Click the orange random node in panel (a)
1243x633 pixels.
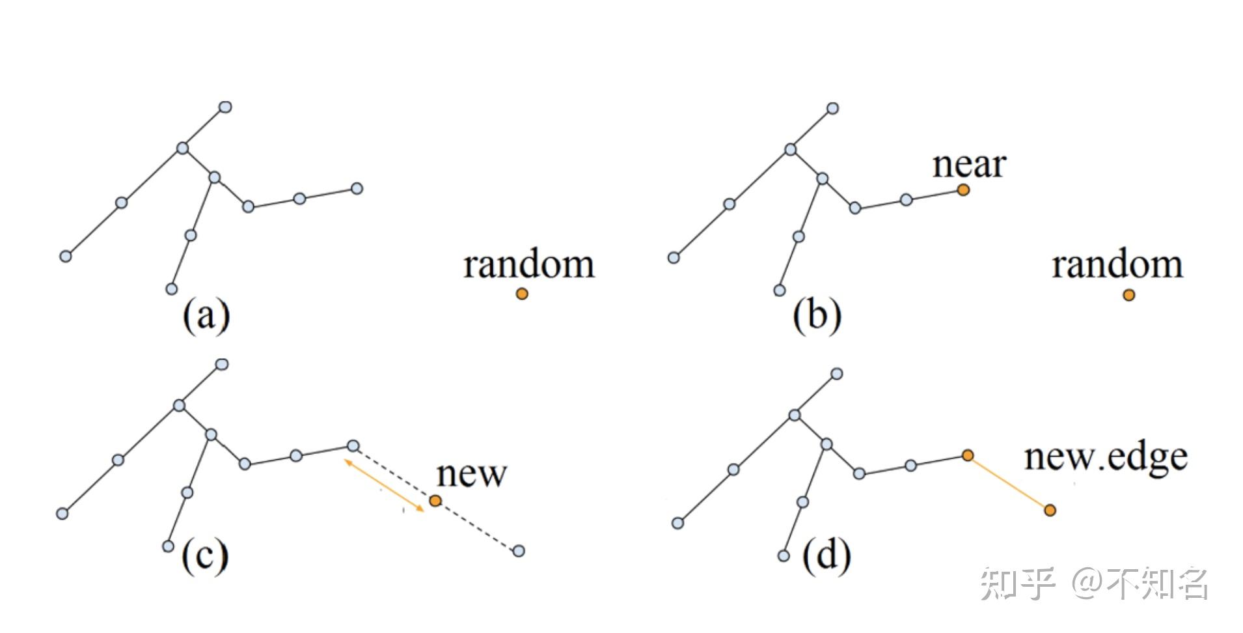tap(522, 294)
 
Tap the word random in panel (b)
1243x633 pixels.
tap(1117, 265)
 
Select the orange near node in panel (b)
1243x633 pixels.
tap(963, 190)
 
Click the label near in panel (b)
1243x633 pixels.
tap(969, 165)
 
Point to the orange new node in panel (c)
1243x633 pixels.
tap(435, 501)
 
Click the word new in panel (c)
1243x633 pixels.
tap(471, 474)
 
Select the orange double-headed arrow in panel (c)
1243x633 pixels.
tap(384, 485)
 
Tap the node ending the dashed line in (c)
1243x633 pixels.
tap(519, 551)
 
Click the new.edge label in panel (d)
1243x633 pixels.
tap(1106, 457)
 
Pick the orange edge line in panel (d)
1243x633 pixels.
tap(1009, 483)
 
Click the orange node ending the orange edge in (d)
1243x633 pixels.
tap(1050, 510)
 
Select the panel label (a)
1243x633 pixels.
tap(206, 316)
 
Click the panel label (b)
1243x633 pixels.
tap(817, 316)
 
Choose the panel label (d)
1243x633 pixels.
tap(826, 556)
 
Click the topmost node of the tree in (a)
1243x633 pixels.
tap(225, 107)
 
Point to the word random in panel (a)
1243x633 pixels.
tap(528, 265)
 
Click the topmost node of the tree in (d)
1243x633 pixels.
tap(837, 374)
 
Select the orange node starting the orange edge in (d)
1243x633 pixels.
tap(968, 455)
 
